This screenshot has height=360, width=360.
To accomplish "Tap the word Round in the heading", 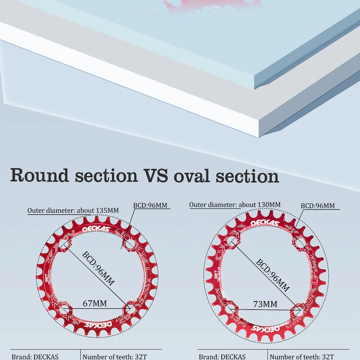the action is [40, 175].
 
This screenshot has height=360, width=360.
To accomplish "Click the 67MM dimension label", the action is [95, 303].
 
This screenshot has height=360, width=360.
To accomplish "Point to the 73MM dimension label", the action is [265, 304].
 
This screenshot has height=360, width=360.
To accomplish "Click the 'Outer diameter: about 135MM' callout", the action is [73, 210].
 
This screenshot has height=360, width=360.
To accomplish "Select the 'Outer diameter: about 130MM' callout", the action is [235, 204].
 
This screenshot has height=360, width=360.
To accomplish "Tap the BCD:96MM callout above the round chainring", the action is [150, 205].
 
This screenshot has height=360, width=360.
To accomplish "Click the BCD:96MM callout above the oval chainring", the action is [318, 206].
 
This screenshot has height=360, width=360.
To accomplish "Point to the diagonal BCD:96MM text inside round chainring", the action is [98, 269].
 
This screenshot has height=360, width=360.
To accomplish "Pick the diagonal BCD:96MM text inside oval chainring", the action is [273, 275].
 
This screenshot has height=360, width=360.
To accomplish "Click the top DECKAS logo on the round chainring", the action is [96, 229].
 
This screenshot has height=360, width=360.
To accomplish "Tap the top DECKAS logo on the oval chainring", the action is [265, 223].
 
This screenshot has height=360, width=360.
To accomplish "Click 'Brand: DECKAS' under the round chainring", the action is [35, 356].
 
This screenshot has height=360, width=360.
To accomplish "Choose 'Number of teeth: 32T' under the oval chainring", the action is [302, 356].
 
